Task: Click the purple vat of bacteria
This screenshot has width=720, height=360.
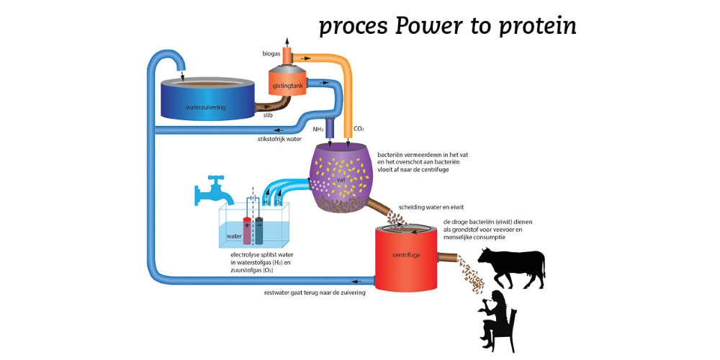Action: (342, 176)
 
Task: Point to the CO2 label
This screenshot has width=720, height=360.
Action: (358, 130)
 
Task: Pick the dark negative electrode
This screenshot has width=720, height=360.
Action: (258, 228)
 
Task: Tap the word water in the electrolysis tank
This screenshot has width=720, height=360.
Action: (234, 236)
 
